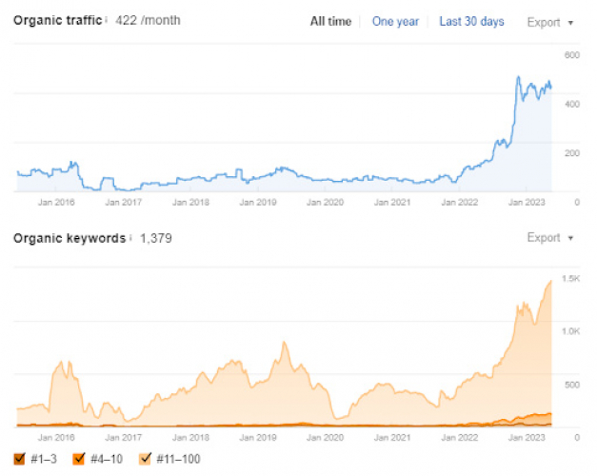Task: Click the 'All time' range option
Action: [x=330, y=21]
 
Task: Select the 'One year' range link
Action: [x=395, y=21]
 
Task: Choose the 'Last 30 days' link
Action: [x=471, y=21]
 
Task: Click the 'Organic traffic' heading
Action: [x=57, y=20]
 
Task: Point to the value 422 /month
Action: [x=148, y=20]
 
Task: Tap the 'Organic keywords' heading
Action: [x=69, y=237]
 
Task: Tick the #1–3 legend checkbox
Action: [x=19, y=459]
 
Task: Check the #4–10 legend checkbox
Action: [x=78, y=459]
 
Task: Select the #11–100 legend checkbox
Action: [x=145, y=459]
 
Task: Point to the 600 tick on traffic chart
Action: [x=571, y=55]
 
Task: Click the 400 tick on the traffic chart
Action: [x=571, y=104]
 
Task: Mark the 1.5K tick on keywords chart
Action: [x=570, y=278]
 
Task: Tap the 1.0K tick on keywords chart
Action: [x=570, y=331]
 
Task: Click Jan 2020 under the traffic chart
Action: [x=327, y=202]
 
